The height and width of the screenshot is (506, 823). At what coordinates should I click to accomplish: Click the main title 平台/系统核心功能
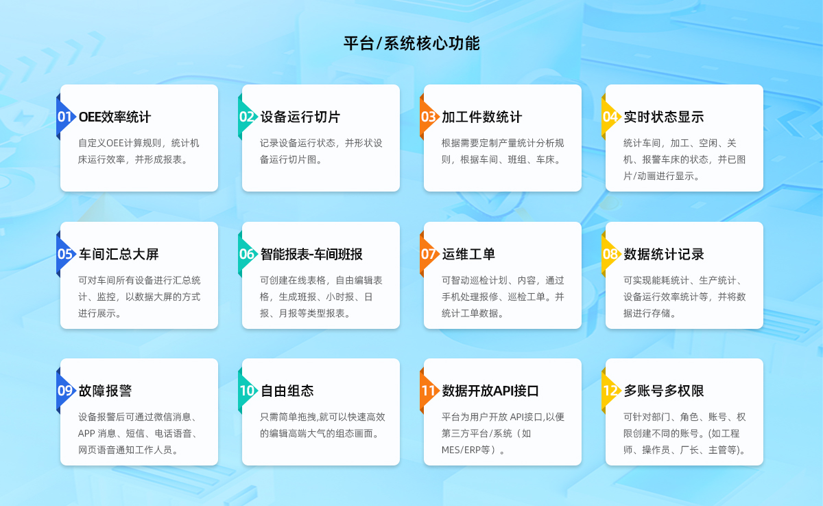tap(411, 43)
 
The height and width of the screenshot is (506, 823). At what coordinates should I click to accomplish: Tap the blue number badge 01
tap(65, 117)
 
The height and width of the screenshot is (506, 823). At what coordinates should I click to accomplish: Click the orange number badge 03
tap(429, 117)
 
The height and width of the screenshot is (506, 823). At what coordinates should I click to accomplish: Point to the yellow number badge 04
tap(610, 117)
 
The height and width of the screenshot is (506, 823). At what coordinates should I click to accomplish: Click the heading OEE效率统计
tap(115, 117)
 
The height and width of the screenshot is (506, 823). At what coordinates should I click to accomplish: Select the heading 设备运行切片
tap(300, 117)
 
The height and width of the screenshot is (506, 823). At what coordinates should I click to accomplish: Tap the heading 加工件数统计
tap(481, 117)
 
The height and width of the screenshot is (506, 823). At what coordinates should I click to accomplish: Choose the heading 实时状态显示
tap(664, 117)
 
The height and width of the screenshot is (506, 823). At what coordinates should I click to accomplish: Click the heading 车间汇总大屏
tap(119, 254)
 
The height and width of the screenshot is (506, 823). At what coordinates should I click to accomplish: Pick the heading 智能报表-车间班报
tap(311, 254)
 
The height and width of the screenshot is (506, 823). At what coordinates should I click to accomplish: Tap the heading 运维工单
tap(468, 254)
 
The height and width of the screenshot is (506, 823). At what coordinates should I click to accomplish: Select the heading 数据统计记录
tap(664, 254)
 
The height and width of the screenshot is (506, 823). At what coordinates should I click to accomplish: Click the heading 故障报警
tap(105, 391)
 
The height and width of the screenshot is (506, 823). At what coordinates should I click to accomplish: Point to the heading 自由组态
tap(287, 391)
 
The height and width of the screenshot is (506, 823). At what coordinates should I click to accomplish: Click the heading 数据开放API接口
tap(490, 391)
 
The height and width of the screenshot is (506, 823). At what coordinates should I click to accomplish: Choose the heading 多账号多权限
tap(664, 391)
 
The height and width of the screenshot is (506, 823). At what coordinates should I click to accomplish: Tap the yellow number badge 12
tap(610, 391)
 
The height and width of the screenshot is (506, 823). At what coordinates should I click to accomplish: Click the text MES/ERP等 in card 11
tap(466, 450)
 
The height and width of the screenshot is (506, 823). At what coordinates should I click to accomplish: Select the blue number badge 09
tap(65, 391)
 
